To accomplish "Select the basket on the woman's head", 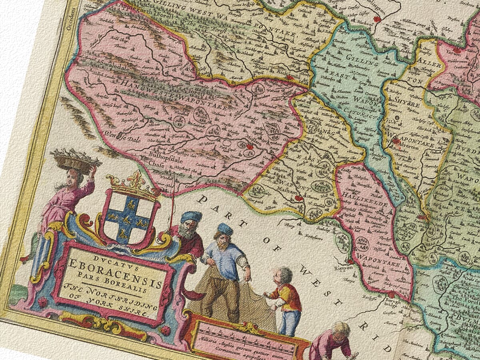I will point(76,159).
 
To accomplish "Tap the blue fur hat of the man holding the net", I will point(225,229).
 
